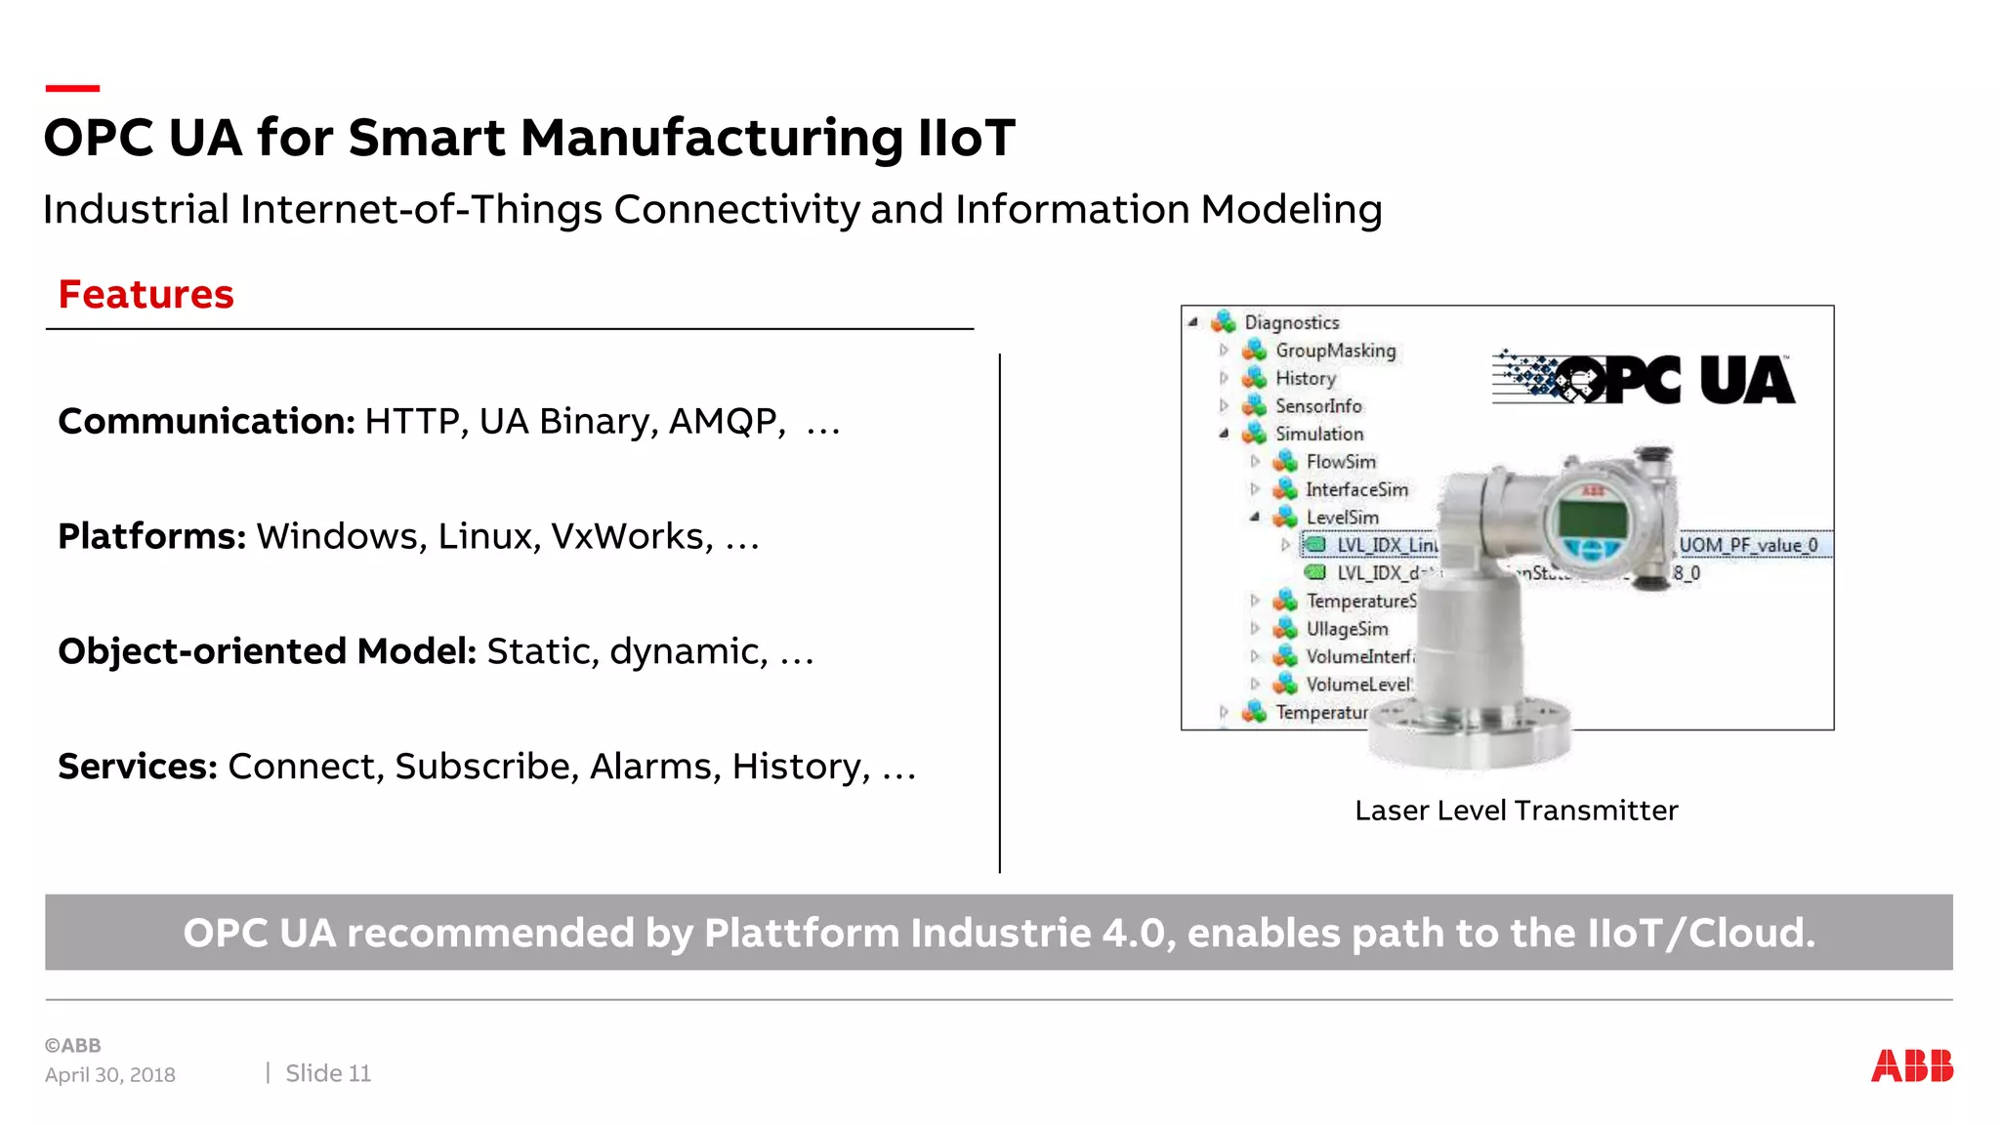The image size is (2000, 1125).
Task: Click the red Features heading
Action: point(146,294)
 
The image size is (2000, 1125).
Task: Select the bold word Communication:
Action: point(206,421)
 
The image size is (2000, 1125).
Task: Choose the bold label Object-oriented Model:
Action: point(267,651)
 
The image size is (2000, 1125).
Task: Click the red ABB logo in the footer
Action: point(1911,1065)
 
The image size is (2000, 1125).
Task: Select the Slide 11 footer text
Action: point(328,1073)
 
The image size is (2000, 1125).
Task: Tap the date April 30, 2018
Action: point(109,1074)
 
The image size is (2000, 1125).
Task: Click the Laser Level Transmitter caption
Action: point(1516,811)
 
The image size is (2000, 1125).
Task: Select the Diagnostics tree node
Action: point(1291,322)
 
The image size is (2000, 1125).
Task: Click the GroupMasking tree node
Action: point(1335,351)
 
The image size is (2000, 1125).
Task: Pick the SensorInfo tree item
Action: point(1317,406)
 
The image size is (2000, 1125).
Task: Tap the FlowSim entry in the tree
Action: point(1341,462)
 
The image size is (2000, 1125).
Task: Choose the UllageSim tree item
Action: point(1347,629)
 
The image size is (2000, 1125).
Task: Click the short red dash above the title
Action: point(72,89)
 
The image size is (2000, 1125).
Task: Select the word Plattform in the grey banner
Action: point(800,933)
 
